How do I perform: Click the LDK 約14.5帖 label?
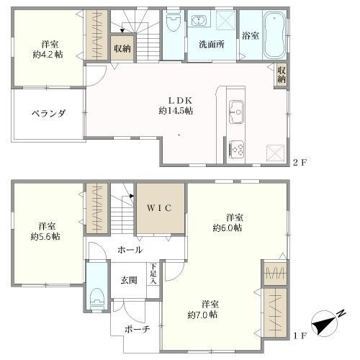pyautogui.click(x=176, y=106)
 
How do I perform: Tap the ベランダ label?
pyautogui.click(x=49, y=113)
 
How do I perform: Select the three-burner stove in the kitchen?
pyautogui.click(x=237, y=149)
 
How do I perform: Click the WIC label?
pyautogui.click(x=159, y=208)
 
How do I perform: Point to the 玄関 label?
pyautogui.click(x=129, y=280)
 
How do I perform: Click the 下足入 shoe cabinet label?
pyautogui.click(x=153, y=274)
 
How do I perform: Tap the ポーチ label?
pyautogui.click(x=137, y=329)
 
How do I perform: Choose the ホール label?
pyautogui.click(x=130, y=250)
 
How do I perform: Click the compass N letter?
pyautogui.click(x=341, y=313)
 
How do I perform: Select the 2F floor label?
pyautogui.click(x=300, y=163)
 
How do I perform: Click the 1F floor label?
pyautogui.click(x=300, y=336)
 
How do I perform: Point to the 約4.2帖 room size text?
pyautogui.click(x=48, y=55)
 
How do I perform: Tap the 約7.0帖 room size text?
pyautogui.click(x=202, y=315)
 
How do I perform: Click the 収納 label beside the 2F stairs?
pyautogui.click(x=122, y=49)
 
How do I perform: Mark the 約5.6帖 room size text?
pyautogui.click(x=45, y=237)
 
